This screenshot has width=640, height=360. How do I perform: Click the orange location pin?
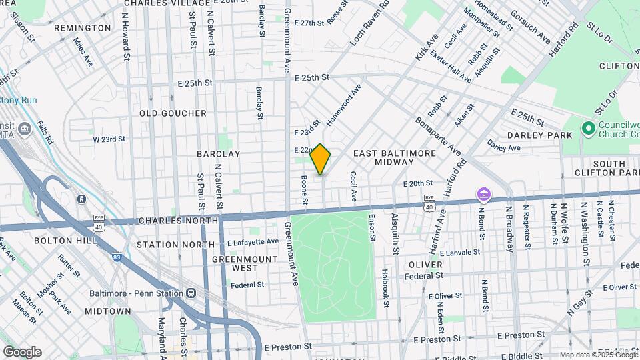[x=320, y=159]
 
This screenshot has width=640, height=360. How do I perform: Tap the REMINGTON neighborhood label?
[x=82, y=28]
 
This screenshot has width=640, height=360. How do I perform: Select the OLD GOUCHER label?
[x=173, y=113]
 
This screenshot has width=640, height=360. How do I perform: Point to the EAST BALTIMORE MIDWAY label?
[x=395, y=158]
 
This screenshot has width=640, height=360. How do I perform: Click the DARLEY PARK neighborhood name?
[x=539, y=135]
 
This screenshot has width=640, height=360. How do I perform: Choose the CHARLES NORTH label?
[x=178, y=221]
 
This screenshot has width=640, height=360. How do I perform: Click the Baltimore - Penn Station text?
[x=137, y=293]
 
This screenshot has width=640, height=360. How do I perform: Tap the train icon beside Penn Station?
[x=191, y=293]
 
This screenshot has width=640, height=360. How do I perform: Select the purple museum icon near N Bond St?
[x=483, y=195]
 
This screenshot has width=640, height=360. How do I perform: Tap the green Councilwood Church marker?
[x=588, y=127]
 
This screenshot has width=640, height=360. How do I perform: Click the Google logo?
[x=22, y=352]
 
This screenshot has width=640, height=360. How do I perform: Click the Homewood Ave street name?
[x=344, y=105]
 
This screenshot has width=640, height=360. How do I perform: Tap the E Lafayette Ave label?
[x=253, y=242]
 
